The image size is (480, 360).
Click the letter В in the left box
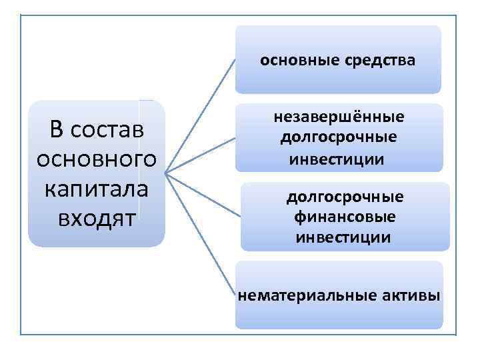tap(57, 131)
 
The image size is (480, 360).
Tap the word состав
tap(107, 131)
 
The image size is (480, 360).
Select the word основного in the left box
tap(94, 160)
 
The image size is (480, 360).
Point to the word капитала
tap(94, 189)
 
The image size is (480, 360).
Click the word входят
tap(94, 218)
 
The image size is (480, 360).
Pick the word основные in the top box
tap(299, 61)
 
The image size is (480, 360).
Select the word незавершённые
tap(339, 117)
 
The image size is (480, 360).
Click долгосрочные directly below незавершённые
tap(339, 137)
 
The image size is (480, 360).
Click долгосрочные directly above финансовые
tap(345, 197)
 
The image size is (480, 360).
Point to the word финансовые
tap(345, 217)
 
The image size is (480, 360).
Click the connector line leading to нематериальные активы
tap(200, 234)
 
